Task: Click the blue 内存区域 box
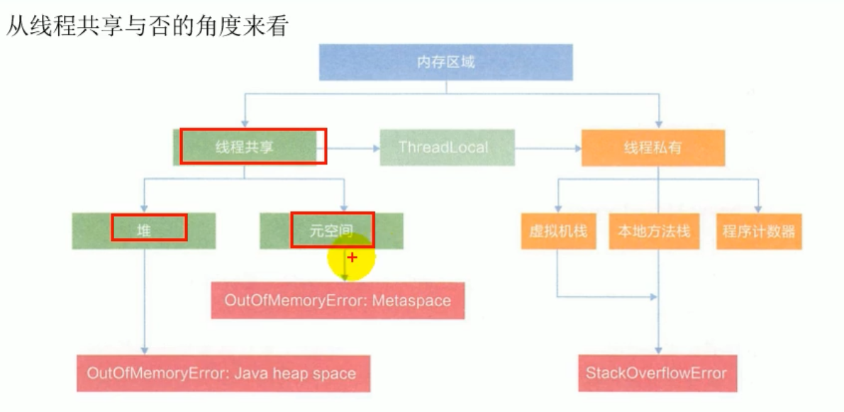[445, 62]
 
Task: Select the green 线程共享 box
[245, 147]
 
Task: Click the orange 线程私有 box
[653, 147]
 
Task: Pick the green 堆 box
[144, 230]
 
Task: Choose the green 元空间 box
[332, 230]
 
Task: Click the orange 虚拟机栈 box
[558, 231]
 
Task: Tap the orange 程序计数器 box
[759, 231]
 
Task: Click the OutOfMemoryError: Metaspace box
[338, 300]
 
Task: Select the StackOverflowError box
[656, 373]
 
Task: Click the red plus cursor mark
[352, 257]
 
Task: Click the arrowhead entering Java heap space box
[145, 350]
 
